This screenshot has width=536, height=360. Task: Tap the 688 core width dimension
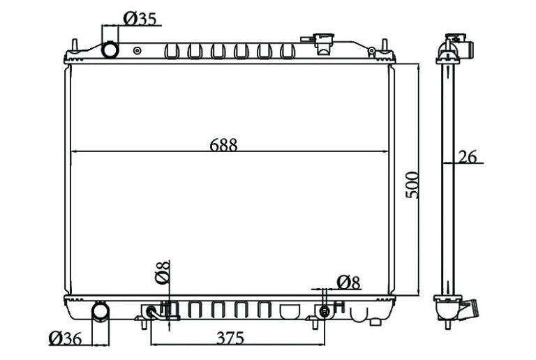tap(223, 145)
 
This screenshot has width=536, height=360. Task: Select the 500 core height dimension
tap(412, 185)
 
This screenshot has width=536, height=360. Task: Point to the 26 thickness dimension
tap(468, 157)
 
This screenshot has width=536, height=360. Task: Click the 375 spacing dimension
tap(230, 338)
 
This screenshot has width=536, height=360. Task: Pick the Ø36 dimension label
tap(65, 338)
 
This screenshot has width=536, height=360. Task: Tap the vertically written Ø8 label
tap(162, 272)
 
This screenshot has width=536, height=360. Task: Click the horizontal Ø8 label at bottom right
tap(349, 283)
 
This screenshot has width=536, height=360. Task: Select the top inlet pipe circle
tap(110, 50)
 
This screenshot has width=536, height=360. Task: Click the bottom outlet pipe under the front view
tap(100, 311)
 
